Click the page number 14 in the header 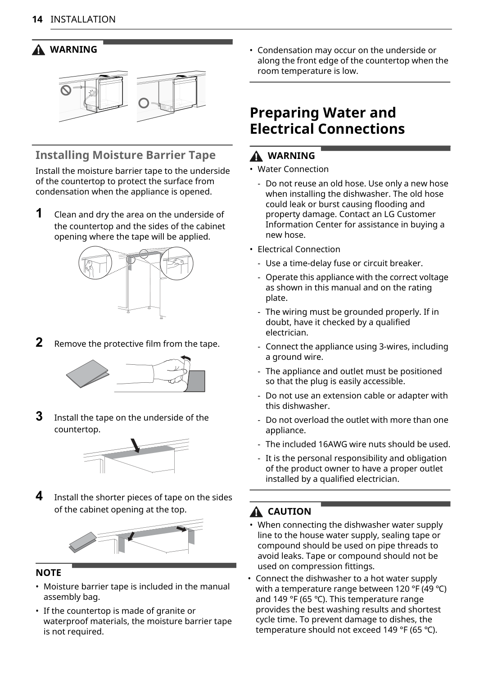click(37, 19)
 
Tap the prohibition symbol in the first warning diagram click(66, 91)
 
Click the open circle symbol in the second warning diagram click(144, 103)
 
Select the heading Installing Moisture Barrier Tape click(126, 155)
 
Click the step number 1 click(40, 213)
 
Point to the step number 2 click(40, 342)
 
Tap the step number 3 click(40, 416)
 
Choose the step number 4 click(40, 496)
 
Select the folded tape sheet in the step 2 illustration click(88, 373)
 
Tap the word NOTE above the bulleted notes click(49, 573)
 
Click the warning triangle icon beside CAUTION click(256, 512)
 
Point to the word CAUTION click(289, 512)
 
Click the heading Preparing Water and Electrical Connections click(327, 121)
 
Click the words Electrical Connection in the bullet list click(299, 249)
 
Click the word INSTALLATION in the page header click(83, 19)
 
